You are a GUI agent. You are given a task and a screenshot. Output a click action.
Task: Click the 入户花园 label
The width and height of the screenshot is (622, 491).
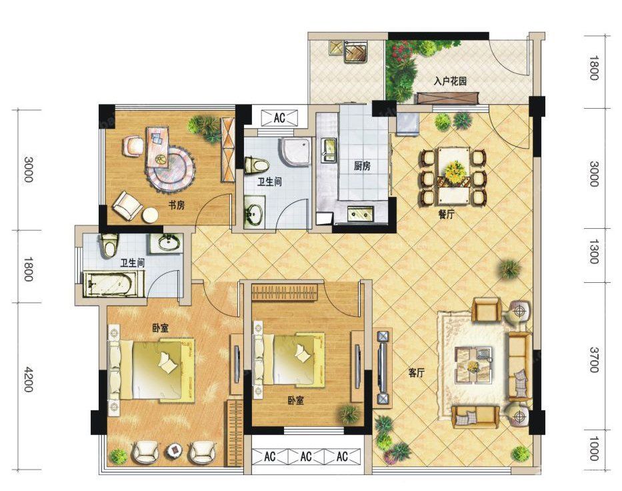[450, 81]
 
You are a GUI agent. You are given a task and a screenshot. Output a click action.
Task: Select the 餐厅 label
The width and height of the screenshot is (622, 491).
[446, 215]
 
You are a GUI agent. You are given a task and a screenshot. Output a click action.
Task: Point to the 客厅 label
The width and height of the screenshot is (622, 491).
[417, 374]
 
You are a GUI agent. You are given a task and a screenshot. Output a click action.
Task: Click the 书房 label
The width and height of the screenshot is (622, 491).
[177, 205]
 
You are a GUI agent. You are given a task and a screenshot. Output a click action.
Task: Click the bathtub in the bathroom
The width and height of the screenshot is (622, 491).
[113, 284]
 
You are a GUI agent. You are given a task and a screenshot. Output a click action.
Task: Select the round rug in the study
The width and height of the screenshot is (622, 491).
[171, 167]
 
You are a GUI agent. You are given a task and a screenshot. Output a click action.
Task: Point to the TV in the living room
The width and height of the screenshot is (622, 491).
[383, 368]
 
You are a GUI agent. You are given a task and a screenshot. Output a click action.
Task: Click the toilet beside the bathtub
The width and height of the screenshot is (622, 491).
[109, 247]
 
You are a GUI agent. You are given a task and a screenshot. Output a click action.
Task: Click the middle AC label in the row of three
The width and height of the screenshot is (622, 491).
[306, 458]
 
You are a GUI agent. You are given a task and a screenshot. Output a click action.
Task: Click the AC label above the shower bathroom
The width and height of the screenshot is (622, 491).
[280, 118]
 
